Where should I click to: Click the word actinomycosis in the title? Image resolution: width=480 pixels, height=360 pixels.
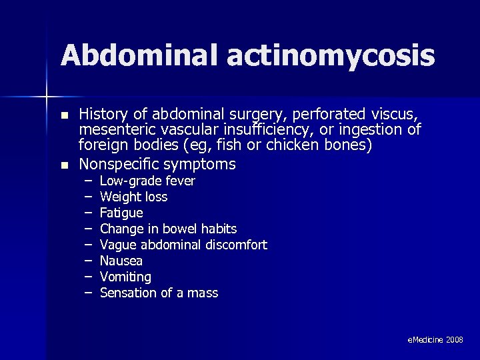pos(331,57)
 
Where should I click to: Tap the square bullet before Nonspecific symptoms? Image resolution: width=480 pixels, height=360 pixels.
pos(64,165)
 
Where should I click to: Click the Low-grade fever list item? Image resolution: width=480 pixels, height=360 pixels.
pos(147,181)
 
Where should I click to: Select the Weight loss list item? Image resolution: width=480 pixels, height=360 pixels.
pos(133,197)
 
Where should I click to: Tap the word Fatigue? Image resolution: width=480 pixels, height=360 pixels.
pos(121,213)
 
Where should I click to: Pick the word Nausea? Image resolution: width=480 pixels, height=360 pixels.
pos(121,261)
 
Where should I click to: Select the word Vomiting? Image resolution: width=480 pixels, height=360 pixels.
pos(125,277)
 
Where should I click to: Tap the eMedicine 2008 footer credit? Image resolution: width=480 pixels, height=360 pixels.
pos(435,340)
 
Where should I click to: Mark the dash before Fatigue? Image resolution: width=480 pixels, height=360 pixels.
pos(88,213)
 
